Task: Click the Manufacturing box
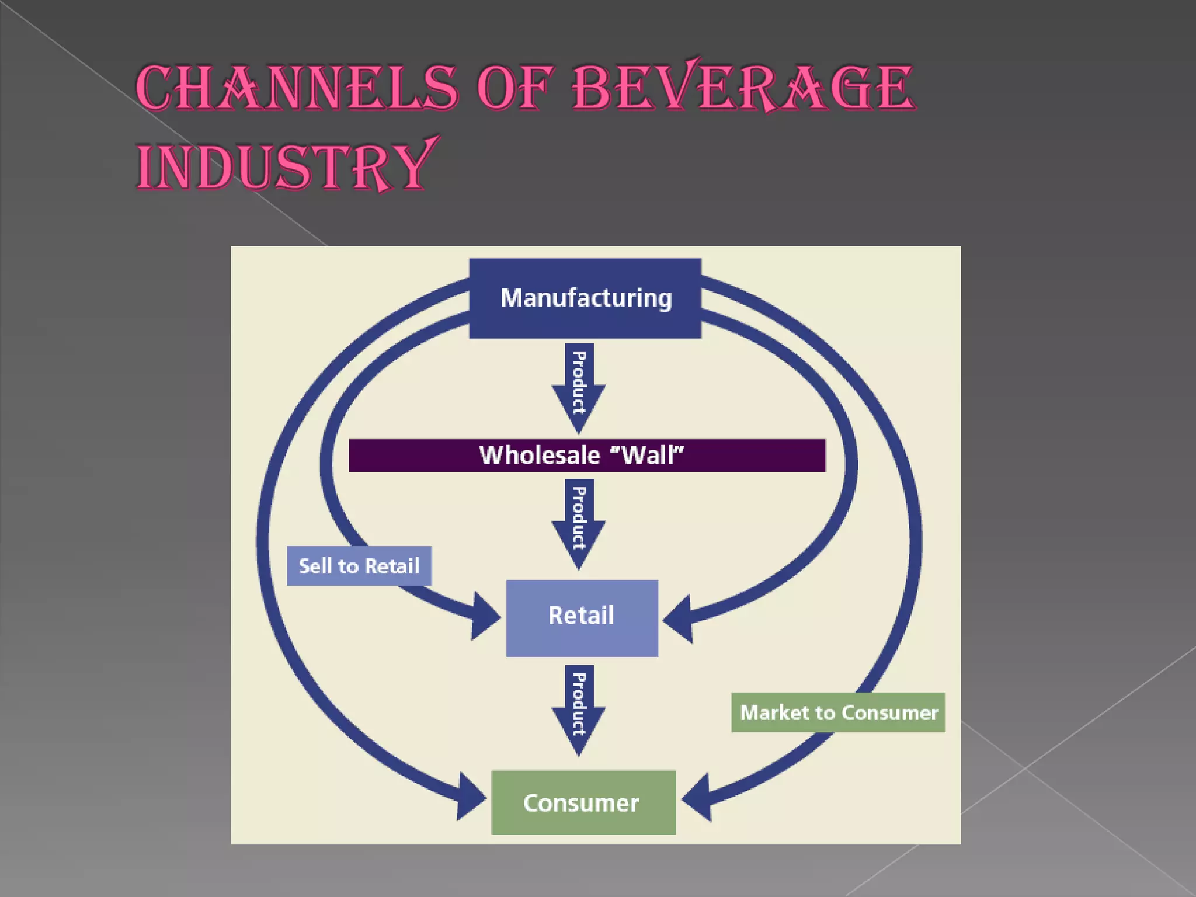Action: point(585,298)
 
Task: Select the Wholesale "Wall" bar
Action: point(587,456)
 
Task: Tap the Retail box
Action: point(582,618)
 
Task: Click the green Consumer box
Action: point(583,802)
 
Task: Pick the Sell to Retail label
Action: point(359,566)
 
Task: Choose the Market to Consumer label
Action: point(838,712)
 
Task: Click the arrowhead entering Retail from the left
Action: point(485,617)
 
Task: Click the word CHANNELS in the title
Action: point(297,89)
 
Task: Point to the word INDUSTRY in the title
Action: point(286,166)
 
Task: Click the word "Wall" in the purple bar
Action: point(653,455)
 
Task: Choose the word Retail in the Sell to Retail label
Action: point(392,566)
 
